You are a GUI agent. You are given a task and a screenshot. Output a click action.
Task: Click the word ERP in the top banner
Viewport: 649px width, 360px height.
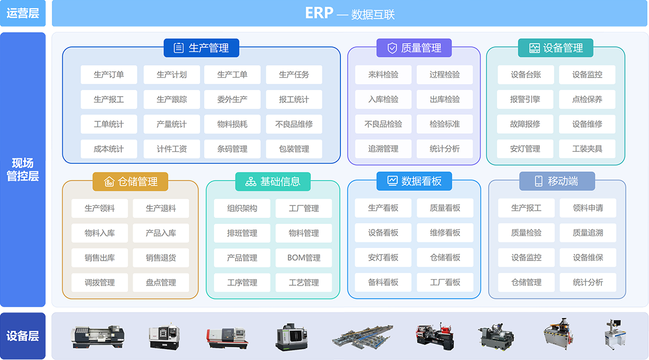319,14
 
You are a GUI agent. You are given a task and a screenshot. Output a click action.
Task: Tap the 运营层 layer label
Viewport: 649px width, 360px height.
23,14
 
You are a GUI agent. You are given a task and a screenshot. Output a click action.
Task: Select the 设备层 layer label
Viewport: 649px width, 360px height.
23,336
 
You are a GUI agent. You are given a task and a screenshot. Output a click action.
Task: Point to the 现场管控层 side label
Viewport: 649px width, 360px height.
23,169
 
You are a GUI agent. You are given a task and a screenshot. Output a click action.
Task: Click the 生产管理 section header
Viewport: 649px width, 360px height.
202,48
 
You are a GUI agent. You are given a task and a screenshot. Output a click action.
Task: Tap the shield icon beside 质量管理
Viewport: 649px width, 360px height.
392,48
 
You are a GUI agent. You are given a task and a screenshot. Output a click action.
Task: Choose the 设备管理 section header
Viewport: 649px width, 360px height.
556,48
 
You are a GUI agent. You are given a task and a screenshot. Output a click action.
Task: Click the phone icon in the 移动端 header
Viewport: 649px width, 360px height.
539,181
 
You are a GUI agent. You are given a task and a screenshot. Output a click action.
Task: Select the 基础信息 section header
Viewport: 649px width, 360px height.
273,181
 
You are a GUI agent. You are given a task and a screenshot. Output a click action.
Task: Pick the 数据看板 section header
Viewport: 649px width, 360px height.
414,181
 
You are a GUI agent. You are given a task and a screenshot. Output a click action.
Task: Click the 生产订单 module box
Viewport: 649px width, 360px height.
109,75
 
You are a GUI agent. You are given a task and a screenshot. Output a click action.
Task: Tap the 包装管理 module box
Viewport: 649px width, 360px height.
294,149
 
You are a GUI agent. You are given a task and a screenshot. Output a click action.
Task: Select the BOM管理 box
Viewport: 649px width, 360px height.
304,258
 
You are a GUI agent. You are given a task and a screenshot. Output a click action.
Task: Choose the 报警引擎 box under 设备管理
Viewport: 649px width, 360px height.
525,99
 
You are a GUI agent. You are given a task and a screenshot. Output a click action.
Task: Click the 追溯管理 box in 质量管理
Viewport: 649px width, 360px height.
383,149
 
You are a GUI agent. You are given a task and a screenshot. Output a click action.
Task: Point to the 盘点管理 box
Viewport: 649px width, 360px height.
161,282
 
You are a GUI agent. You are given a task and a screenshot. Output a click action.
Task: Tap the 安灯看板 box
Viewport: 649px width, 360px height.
383,258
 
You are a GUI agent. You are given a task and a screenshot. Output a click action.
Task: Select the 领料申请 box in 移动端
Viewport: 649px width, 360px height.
588,208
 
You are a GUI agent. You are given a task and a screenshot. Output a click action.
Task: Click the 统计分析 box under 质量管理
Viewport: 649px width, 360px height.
445,149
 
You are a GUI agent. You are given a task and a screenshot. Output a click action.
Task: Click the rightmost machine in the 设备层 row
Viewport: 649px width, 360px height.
618,334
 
